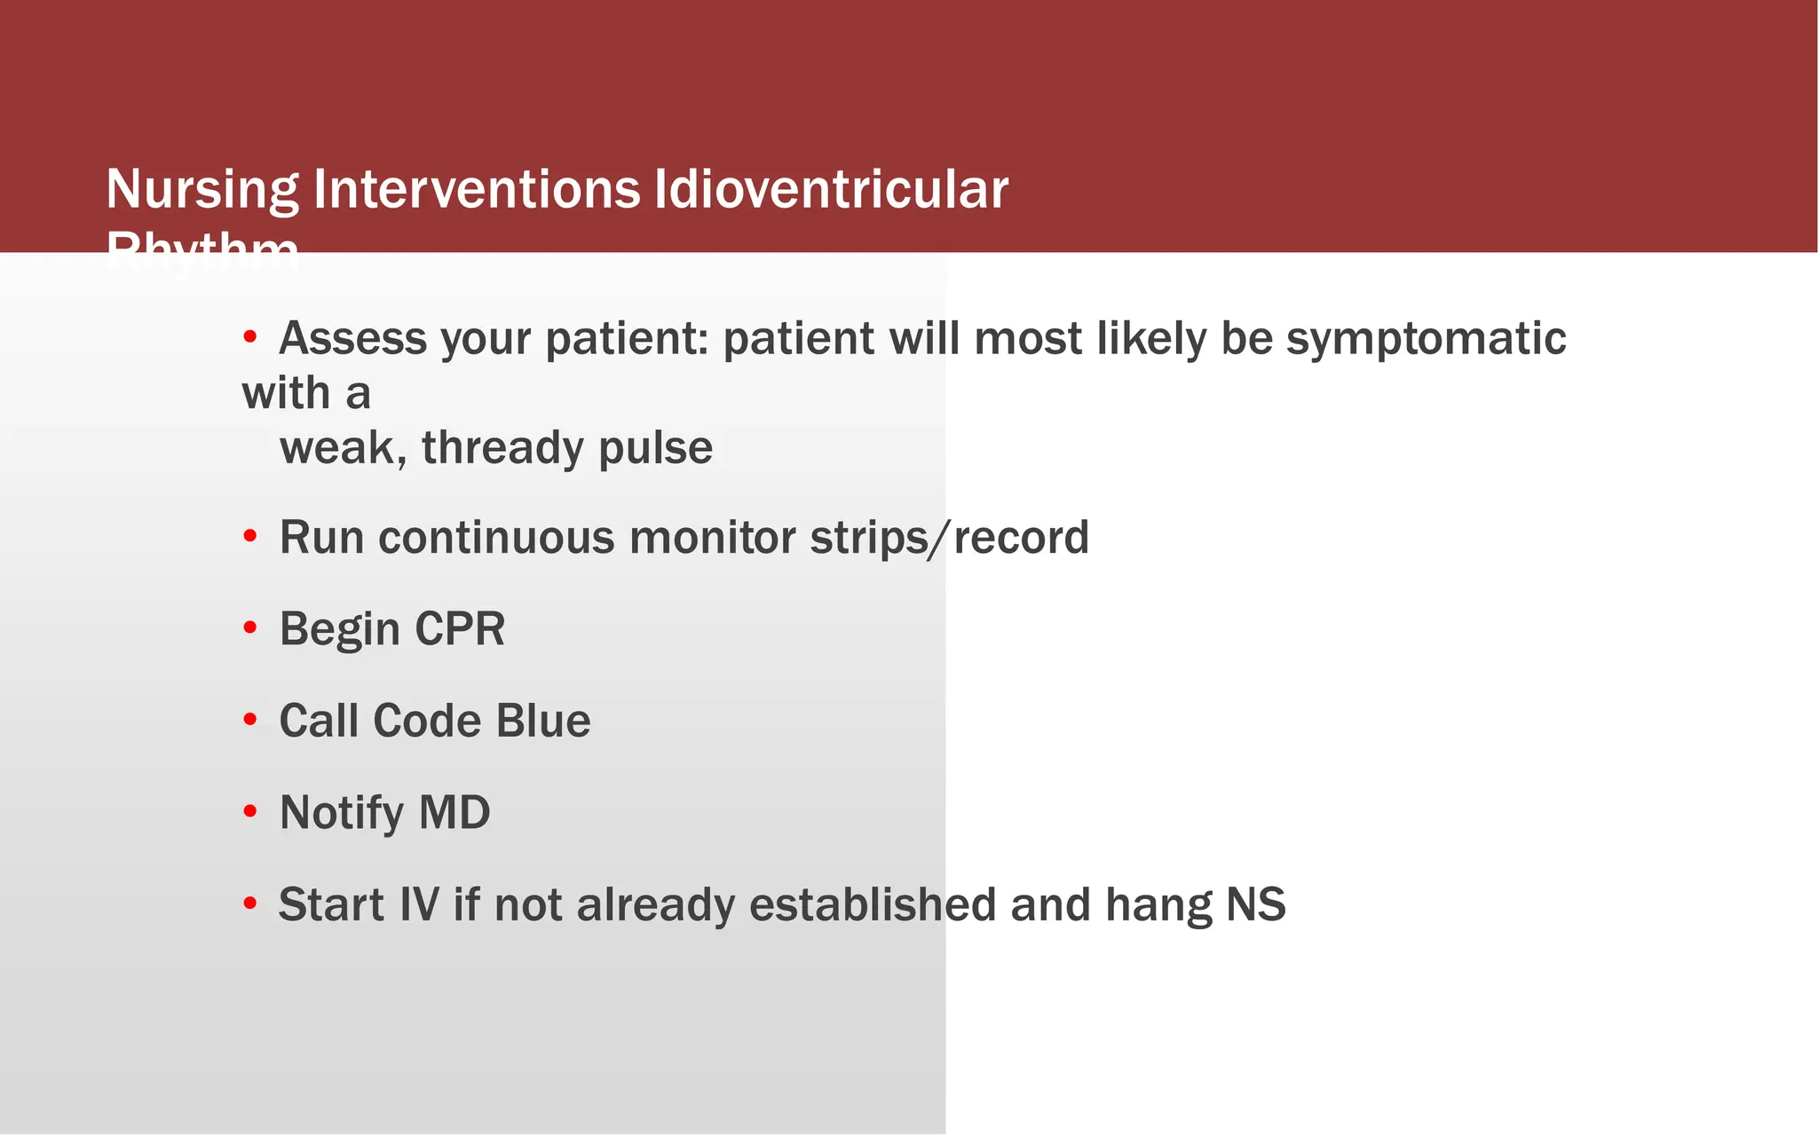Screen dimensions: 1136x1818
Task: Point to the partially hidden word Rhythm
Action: tap(202, 246)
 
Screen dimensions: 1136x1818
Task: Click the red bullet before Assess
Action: tap(250, 337)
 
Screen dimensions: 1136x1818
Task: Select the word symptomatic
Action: tap(1426, 339)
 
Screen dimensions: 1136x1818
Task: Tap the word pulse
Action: tap(655, 447)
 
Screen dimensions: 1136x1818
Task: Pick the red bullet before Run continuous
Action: tap(250, 537)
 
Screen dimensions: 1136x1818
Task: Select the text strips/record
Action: tap(949, 538)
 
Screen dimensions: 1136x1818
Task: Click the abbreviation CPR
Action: tap(460, 629)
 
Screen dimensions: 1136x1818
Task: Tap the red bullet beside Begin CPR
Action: tap(250, 628)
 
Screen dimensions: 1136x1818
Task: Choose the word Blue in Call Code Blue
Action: tap(543, 721)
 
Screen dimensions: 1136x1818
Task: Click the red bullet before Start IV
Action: tap(250, 904)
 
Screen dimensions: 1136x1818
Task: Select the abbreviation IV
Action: tap(419, 904)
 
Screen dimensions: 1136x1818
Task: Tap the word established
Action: tap(873, 904)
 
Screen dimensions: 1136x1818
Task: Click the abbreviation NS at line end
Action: tap(1255, 904)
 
